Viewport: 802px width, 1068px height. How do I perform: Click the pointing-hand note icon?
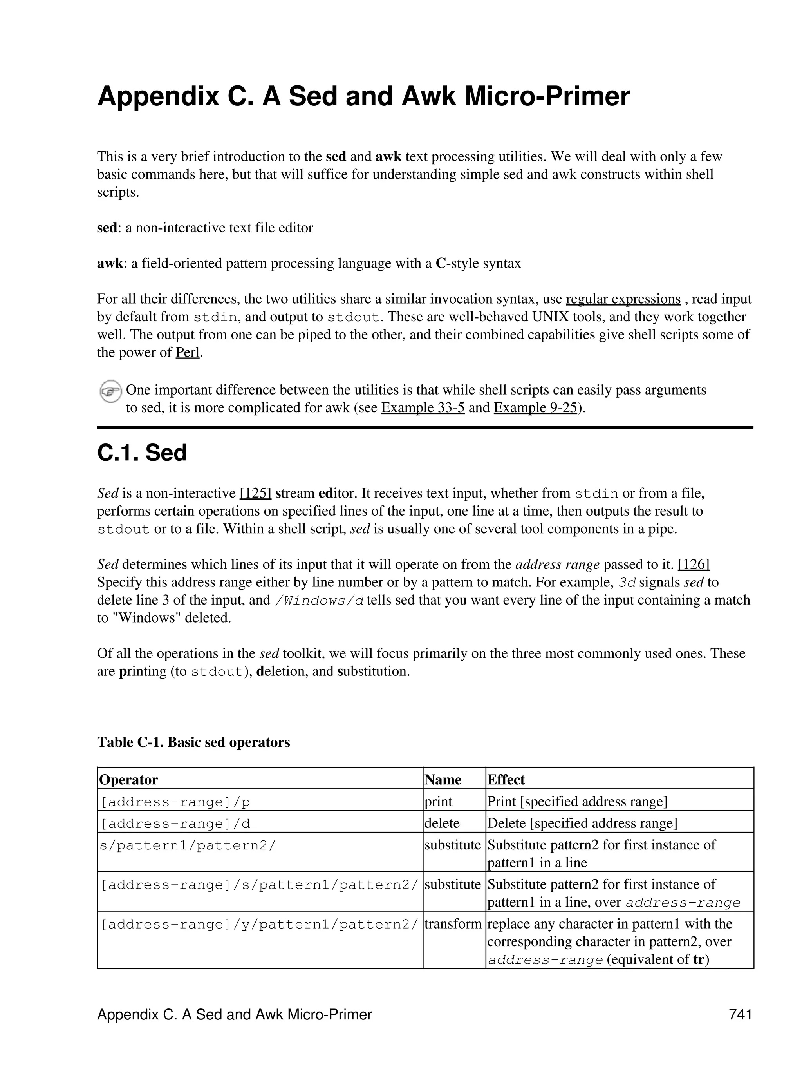(110, 391)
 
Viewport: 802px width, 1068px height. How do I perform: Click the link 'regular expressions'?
(623, 299)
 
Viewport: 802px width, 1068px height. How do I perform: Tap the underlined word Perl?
(187, 353)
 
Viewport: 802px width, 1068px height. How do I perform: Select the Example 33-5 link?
(423, 408)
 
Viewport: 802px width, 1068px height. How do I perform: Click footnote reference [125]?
(255, 493)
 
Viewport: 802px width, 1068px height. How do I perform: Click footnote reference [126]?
(694, 565)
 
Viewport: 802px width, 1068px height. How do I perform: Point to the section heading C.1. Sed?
(142, 453)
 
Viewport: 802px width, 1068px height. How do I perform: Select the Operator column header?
(128, 780)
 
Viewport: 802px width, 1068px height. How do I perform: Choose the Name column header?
(443, 780)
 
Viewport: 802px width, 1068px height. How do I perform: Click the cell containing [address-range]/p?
(175, 802)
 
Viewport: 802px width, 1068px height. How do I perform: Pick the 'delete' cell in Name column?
(442, 823)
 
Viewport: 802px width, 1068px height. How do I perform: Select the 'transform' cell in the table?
(453, 924)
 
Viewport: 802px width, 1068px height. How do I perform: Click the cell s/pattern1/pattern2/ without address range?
(187, 845)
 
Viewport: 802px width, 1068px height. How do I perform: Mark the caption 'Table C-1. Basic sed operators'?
(193, 742)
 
